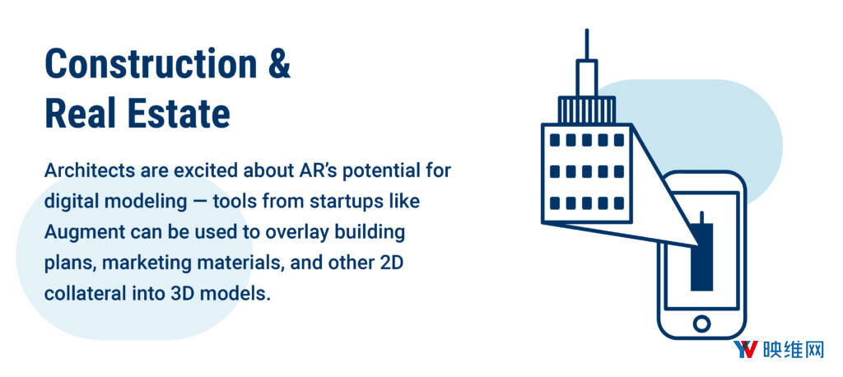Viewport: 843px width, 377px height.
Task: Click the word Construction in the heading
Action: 151,64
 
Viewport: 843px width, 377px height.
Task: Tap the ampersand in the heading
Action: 279,64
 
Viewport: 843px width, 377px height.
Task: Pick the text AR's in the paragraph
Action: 312,171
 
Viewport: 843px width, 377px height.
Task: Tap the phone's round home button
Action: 701,323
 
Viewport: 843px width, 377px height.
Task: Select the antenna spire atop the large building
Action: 586,44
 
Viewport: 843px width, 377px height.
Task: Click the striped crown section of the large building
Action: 586,109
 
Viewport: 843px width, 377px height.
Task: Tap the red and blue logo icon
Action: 746,350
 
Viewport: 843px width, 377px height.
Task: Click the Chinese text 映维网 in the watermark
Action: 794,350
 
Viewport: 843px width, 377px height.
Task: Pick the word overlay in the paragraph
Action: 295,234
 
